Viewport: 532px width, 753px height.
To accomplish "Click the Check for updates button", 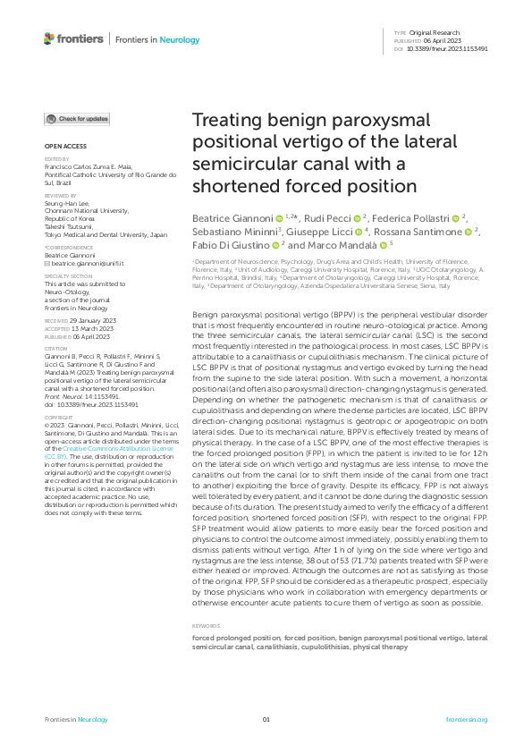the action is point(78,119).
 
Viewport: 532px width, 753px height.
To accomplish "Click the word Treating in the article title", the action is point(230,122).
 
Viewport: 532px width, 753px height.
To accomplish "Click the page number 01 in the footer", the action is point(266,719).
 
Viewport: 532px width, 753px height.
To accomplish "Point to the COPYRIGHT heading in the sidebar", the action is point(58,417).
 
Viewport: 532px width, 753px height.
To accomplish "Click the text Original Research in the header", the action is point(440,32).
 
